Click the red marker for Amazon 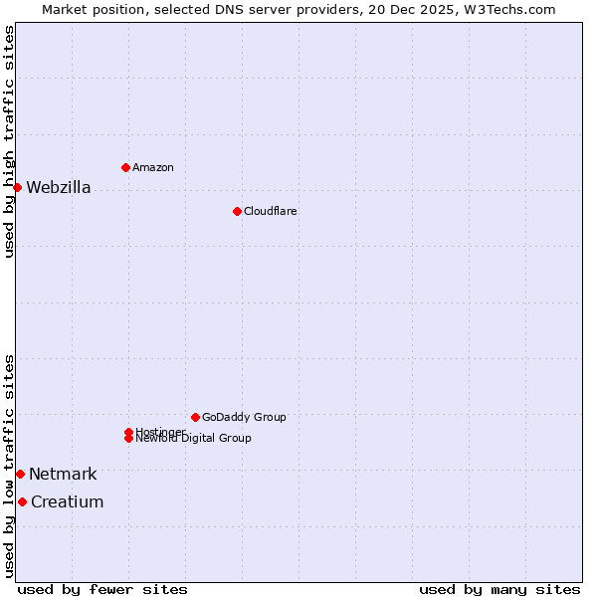click(125, 167)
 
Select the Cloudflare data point click(237, 211)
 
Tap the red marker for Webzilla click(17, 187)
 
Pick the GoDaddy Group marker click(195, 417)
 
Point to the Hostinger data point click(128, 432)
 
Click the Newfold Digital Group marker click(128, 438)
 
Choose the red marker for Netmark click(20, 474)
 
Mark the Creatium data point click(22, 501)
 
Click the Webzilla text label click(59, 188)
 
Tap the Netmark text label click(63, 475)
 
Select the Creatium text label click(67, 502)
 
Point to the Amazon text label click(153, 167)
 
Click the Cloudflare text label click(271, 211)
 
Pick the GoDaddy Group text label click(244, 417)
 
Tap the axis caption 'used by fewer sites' click(102, 589)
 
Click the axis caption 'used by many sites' click(499, 589)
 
